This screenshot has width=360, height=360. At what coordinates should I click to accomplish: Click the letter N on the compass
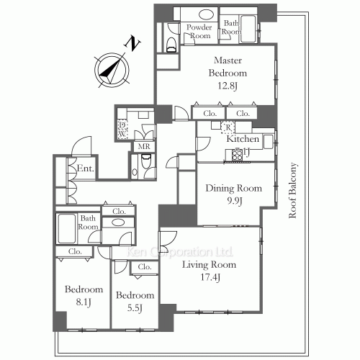132,42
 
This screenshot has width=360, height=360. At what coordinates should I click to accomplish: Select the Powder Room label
199,31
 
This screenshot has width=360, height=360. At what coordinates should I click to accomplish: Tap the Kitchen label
244,138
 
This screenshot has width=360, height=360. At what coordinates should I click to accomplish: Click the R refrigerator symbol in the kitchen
228,128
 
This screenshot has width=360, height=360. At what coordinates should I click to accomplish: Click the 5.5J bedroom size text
135,309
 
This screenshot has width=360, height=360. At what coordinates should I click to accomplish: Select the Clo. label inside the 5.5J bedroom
144,268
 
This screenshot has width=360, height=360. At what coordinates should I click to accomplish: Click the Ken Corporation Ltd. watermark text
180,253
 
